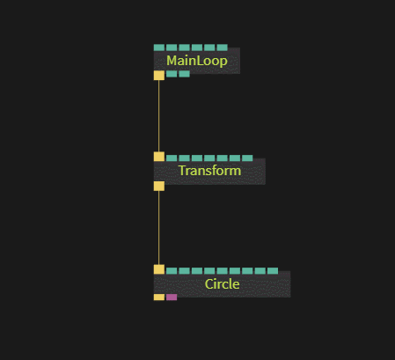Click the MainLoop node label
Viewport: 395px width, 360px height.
[197, 61]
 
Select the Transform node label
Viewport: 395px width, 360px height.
[209, 171]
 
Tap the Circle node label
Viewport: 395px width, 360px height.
[222, 284]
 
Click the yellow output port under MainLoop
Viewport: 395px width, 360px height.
[159, 76]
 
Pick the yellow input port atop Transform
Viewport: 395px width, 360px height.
[159, 157]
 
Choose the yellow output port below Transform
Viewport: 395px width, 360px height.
[159, 186]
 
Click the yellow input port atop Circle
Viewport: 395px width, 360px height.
[159, 269]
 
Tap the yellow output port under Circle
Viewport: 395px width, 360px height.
[159, 298]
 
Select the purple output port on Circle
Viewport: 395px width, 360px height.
[172, 298]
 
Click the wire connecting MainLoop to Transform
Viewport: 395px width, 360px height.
[159, 116]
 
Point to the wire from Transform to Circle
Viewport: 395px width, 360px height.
[159, 228]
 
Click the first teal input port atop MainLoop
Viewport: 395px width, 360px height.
[159, 48]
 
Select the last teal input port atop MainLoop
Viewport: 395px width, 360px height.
[223, 48]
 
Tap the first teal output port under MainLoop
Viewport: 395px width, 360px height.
[172, 74]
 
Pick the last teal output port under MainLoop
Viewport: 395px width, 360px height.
[184, 74]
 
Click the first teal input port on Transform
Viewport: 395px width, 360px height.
[172, 158]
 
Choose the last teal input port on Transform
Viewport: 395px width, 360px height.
[247, 158]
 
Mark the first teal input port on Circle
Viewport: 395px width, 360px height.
[172, 271]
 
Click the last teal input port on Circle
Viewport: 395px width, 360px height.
[273, 271]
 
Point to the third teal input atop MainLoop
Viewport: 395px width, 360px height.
[184, 48]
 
